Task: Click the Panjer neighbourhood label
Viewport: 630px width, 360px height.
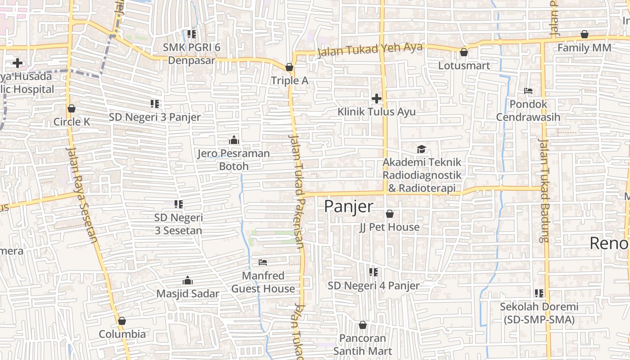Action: coord(349,207)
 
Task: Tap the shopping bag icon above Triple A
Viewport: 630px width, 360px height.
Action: coord(289,67)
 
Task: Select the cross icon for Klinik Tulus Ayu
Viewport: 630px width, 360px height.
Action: coord(377,99)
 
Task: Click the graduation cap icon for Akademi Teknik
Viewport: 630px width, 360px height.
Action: coord(421,149)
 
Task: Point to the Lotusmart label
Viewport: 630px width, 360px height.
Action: coord(464,66)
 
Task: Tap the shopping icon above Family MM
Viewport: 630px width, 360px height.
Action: coord(585,34)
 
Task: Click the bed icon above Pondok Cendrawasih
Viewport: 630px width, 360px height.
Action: coord(528,91)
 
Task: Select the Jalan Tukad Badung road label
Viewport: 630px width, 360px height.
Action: coord(544,190)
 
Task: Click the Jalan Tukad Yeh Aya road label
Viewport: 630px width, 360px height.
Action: coord(370,50)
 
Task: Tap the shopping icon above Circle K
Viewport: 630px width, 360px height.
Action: coord(71,108)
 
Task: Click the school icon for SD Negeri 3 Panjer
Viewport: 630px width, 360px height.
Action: coord(155,104)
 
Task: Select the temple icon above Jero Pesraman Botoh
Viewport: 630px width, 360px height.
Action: coord(234,140)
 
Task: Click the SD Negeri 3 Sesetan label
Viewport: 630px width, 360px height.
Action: coord(179,224)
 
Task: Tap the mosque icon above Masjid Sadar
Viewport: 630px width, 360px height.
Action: coord(188,281)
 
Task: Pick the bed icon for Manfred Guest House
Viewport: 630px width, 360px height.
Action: coord(263,262)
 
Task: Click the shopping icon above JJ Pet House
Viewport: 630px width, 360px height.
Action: coord(390,214)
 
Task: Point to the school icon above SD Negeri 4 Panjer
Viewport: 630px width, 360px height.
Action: coord(373,272)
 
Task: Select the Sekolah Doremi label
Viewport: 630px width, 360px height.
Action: coord(539,313)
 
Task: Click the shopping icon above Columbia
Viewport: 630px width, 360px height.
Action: coord(121,321)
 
